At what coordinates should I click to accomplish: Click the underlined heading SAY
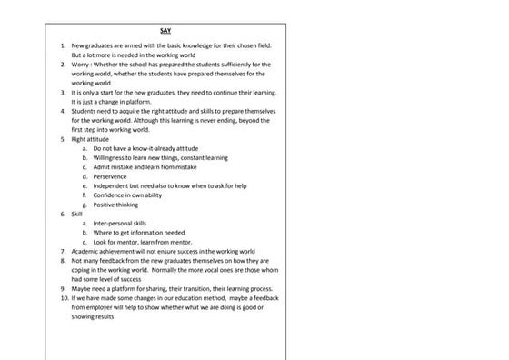pos(165,31)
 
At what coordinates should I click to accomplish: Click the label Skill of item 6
pos(77,214)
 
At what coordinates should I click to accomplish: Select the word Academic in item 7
pos(88,251)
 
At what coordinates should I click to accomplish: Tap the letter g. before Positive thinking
pos(85,205)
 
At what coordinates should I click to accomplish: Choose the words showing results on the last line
pos(94,316)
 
